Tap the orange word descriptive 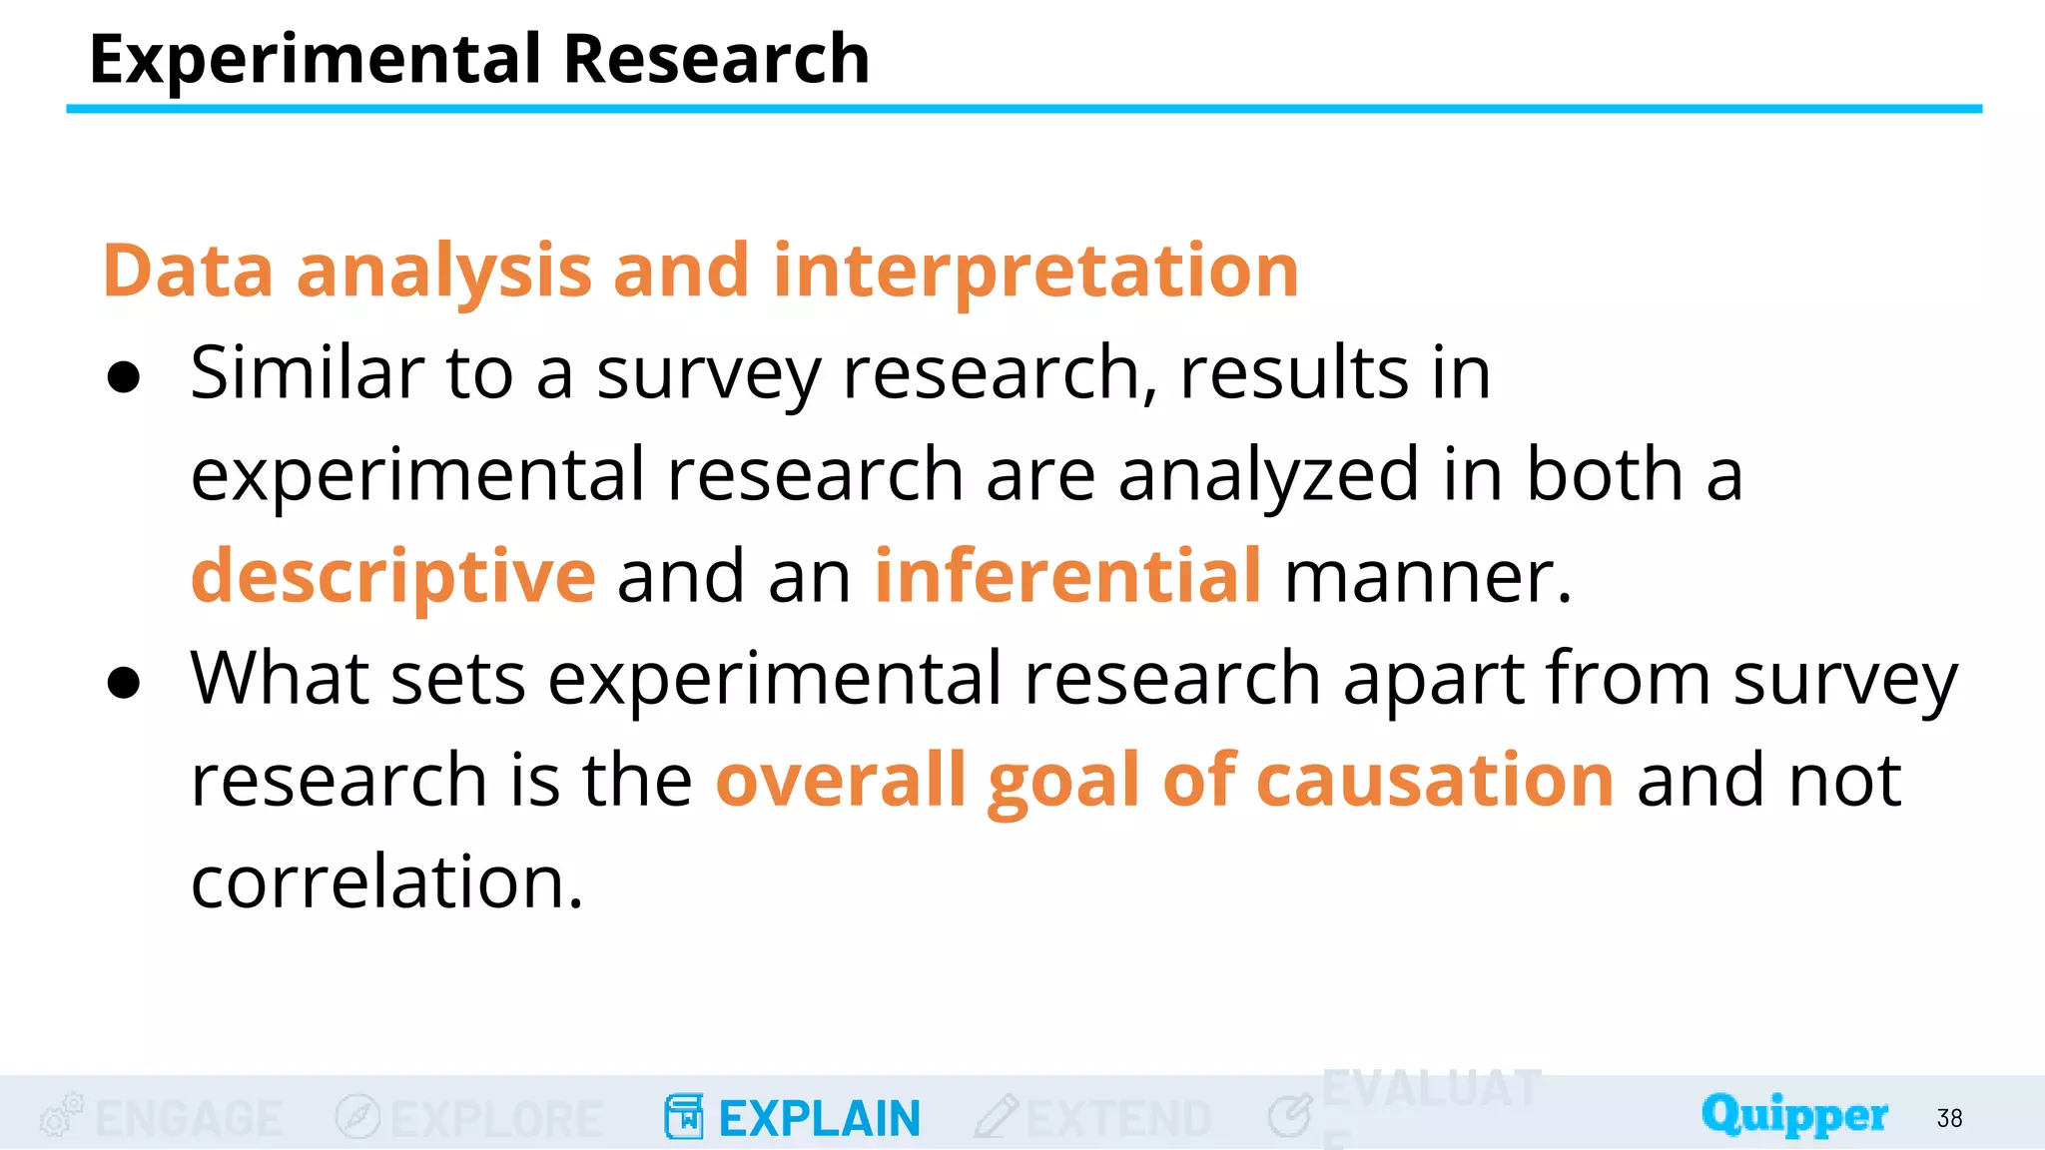393,577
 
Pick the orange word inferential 1067,576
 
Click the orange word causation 1434,781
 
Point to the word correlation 386,882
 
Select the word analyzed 1268,475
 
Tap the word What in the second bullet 280,679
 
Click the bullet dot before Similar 124,378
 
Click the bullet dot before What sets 124,684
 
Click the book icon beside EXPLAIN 684,1117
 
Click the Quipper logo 1794,1115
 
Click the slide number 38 1949,1118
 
